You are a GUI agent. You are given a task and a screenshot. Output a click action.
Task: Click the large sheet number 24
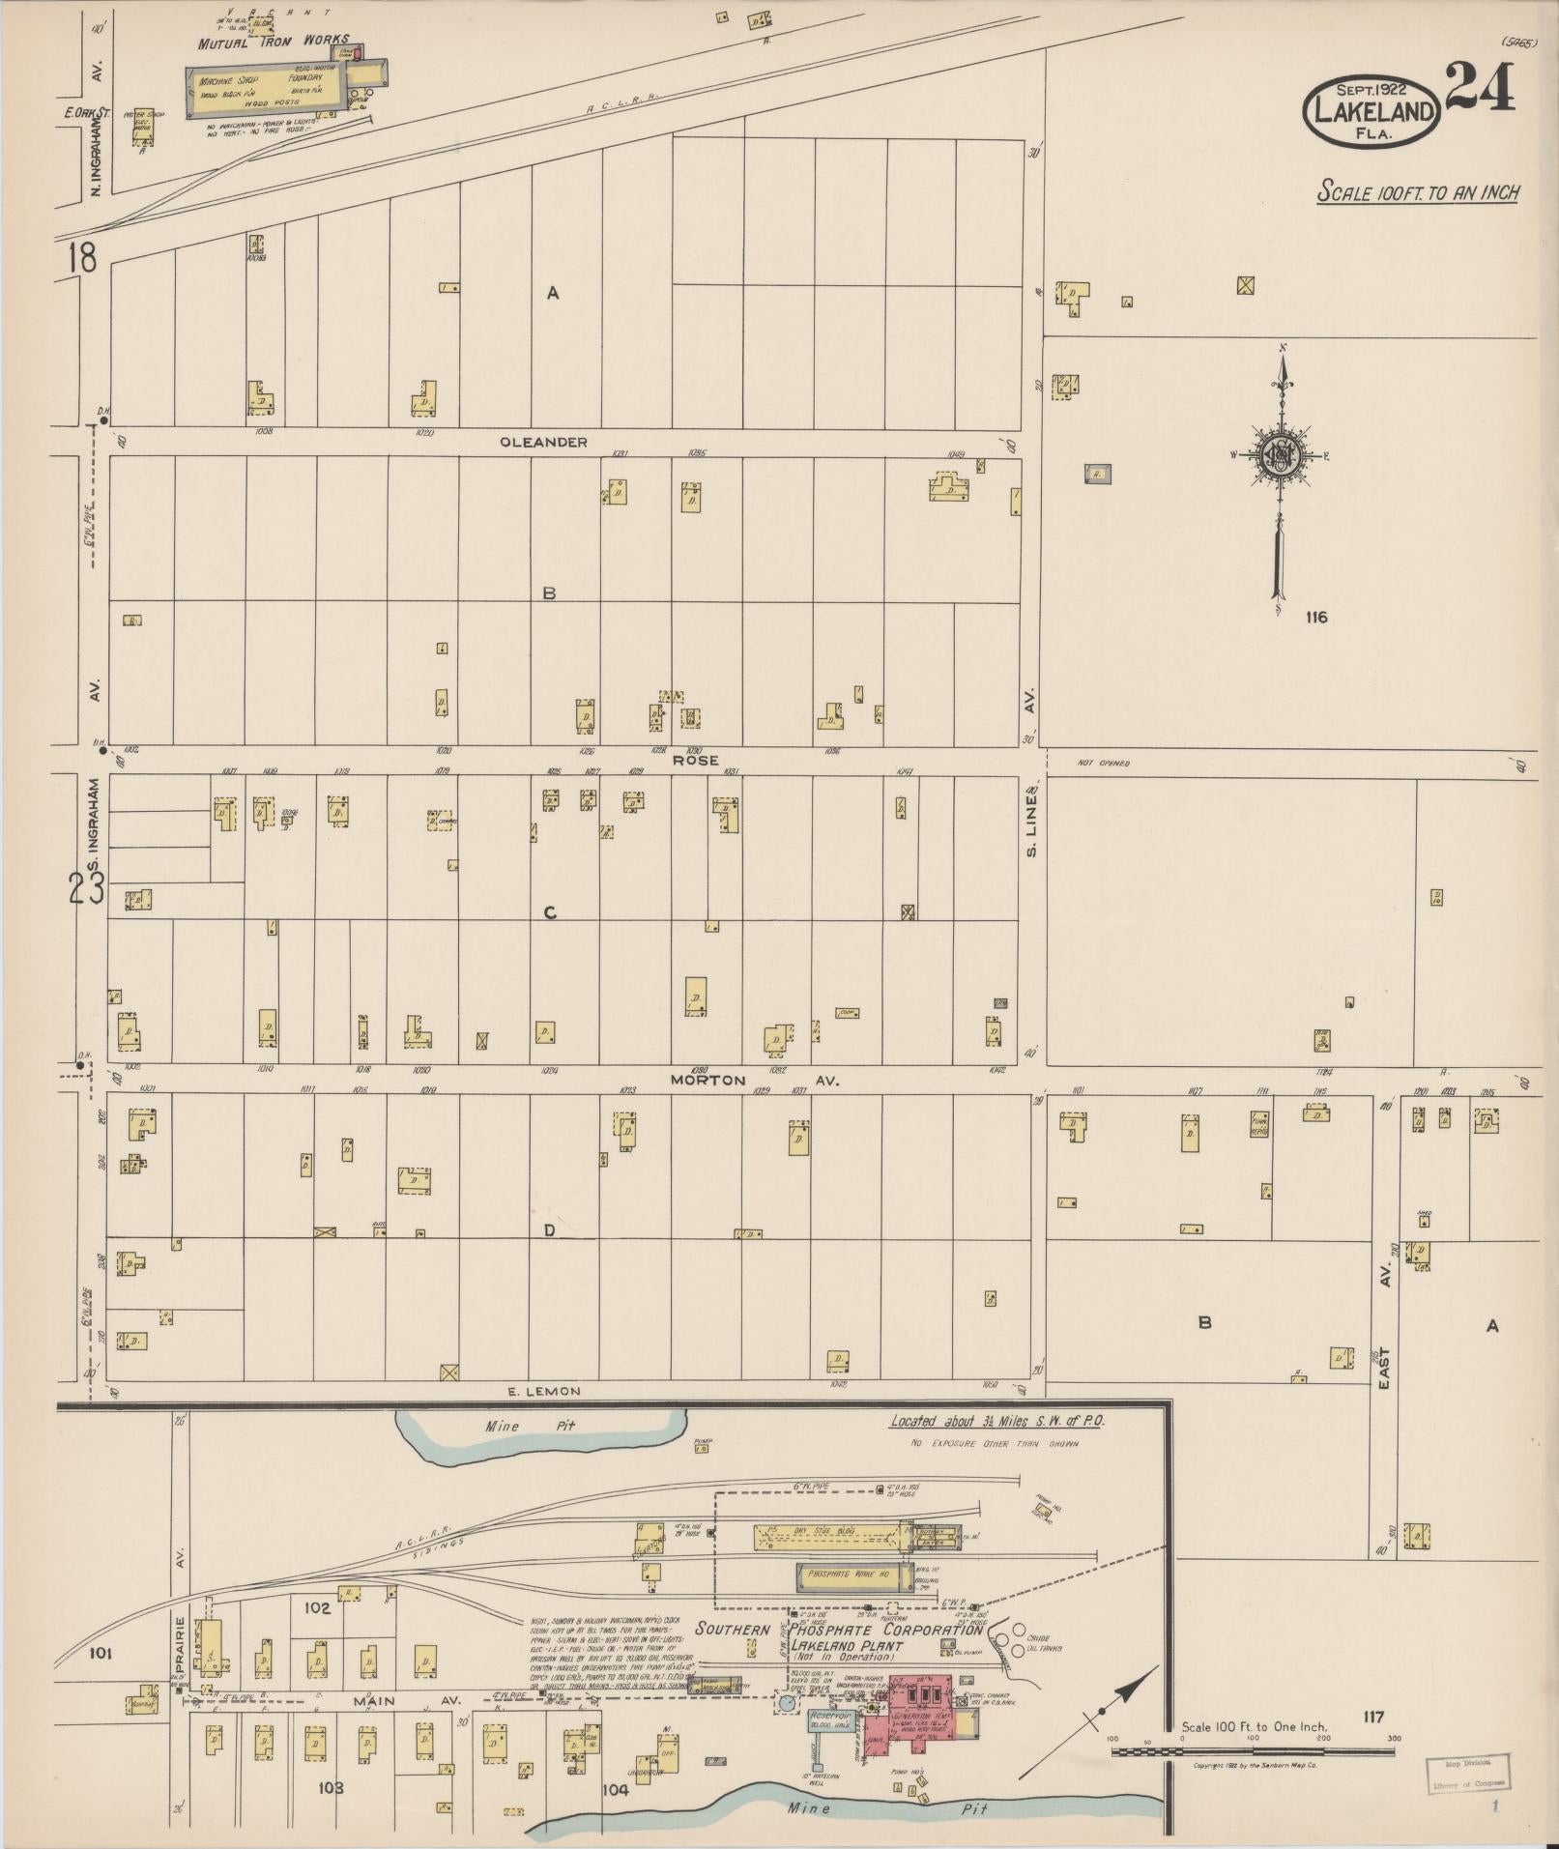[x=1480, y=86]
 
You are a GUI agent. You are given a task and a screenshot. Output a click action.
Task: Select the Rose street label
[x=696, y=760]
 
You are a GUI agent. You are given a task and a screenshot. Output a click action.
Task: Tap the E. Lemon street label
[x=544, y=1391]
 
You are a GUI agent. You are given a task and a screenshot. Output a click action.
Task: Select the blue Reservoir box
[x=827, y=1719]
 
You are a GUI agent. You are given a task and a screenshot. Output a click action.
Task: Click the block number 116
[x=1315, y=618]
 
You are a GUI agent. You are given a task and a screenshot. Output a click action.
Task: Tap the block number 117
[x=1372, y=1717]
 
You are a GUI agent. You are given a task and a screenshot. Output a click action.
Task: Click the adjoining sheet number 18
[x=83, y=258]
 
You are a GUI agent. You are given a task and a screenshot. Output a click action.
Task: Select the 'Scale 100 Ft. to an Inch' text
[x=1418, y=192]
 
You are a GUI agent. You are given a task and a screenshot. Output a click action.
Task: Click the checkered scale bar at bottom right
[x=1252, y=1750]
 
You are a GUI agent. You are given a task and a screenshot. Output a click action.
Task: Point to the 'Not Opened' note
[x=1103, y=764]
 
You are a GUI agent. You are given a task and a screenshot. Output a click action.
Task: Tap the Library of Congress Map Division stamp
[x=1467, y=1772]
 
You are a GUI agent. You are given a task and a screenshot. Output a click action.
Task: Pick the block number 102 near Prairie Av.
[x=317, y=1608]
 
